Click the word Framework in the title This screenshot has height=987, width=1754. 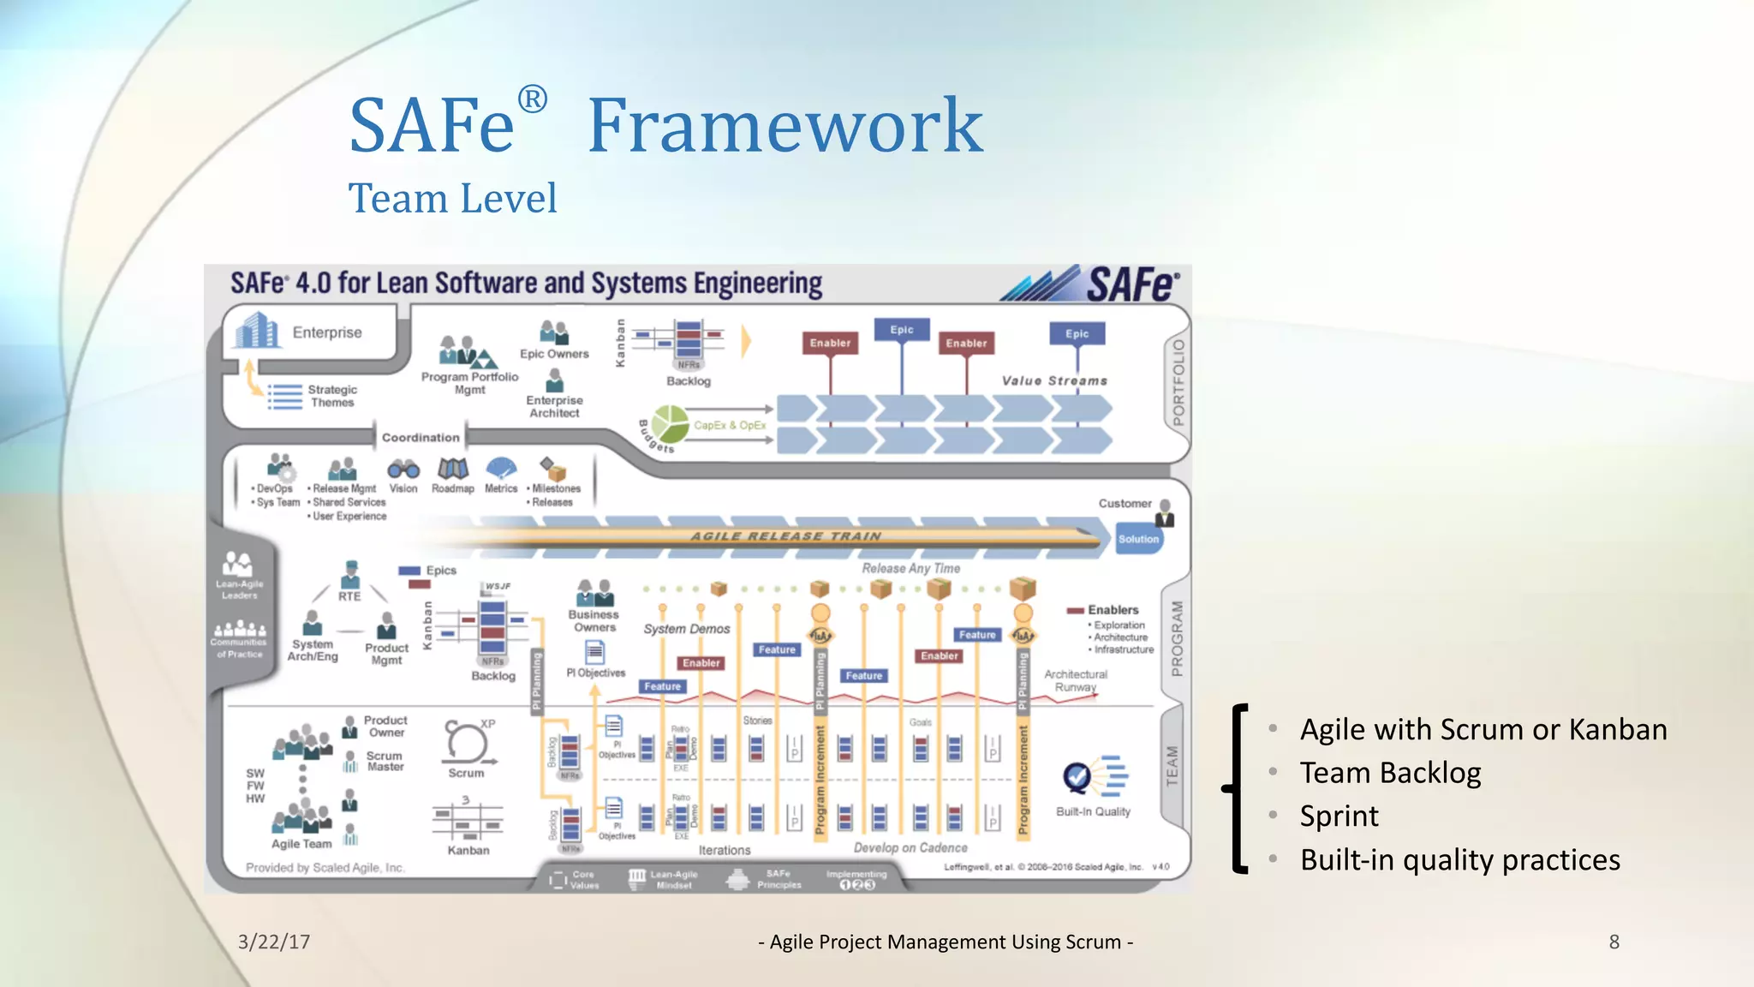point(785,126)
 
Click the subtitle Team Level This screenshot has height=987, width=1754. point(452,199)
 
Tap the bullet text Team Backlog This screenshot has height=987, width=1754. point(1390,773)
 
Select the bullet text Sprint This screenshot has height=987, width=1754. point(1339,817)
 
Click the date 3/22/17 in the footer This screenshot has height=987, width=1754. point(274,942)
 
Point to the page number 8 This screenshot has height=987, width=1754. point(1614,942)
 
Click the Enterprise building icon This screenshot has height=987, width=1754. point(257,331)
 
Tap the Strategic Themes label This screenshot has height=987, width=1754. point(332,396)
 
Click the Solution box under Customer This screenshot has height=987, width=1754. point(1138,539)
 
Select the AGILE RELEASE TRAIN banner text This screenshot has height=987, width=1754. point(785,536)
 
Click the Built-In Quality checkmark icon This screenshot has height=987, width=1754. point(1077,777)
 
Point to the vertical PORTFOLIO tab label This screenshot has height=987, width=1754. point(1178,383)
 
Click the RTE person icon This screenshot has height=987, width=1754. point(350,573)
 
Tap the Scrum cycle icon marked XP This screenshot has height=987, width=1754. point(466,742)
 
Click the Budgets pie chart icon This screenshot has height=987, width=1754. point(670,424)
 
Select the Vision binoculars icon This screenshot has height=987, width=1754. point(403,469)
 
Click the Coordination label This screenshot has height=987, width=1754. point(421,437)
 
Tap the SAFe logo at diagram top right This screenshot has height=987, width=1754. point(1132,284)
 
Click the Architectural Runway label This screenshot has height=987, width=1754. point(1076,680)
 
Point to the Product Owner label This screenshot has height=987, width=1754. point(385,726)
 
